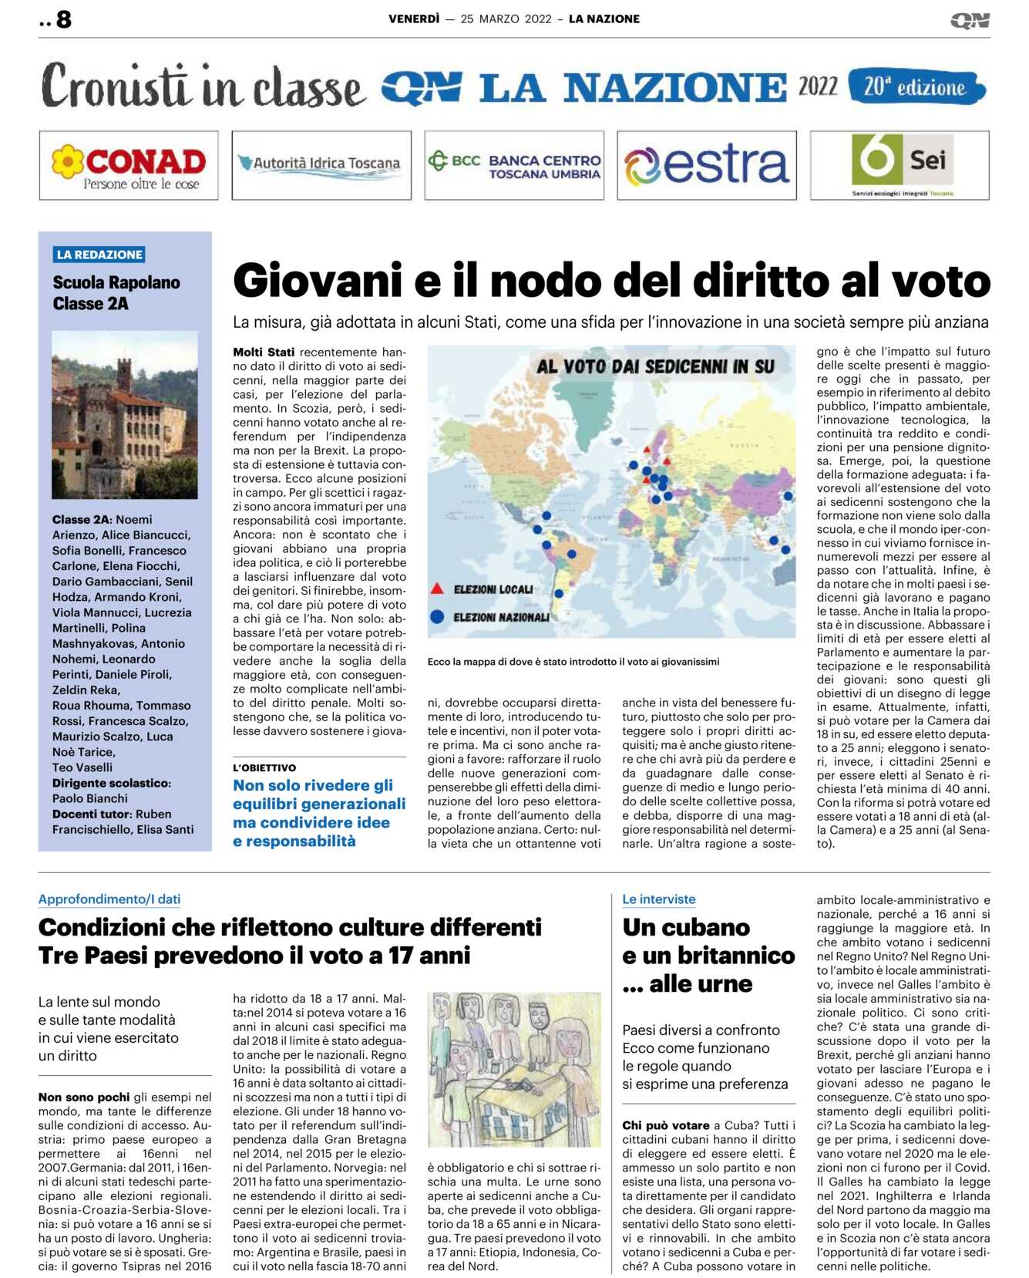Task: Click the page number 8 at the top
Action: pos(64,19)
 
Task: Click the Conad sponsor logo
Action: pos(129,165)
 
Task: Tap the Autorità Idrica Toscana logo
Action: pos(321,164)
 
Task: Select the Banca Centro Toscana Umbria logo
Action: pos(514,165)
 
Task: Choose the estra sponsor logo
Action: pos(707,165)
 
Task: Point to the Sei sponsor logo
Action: pos(900,165)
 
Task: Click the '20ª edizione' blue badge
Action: pos(916,87)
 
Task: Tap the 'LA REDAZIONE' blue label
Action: pos(99,255)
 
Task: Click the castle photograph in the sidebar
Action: pos(125,414)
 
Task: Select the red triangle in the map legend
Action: pos(437,588)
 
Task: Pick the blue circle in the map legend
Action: pos(437,616)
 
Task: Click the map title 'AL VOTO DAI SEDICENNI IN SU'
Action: pos(655,366)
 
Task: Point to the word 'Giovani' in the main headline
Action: pos(318,281)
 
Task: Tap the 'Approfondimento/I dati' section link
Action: pos(109,899)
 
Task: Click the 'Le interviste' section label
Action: pos(659,899)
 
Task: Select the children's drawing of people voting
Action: pos(514,1070)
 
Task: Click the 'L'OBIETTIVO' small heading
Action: pos(264,767)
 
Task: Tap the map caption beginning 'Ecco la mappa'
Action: pos(573,662)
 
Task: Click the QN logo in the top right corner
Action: pos(970,20)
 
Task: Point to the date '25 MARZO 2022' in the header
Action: pos(506,19)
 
